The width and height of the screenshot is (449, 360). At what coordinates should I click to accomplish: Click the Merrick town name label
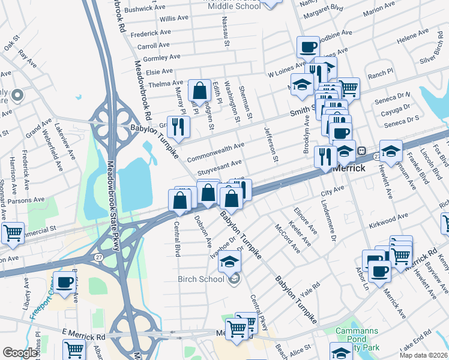tap(348, 168)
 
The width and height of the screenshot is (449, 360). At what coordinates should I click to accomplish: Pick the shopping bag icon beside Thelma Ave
tap(199, 91)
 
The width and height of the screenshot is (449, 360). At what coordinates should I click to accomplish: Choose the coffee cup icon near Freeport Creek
tap(65, 282)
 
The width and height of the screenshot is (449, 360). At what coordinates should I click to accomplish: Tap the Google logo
tap(20, 353)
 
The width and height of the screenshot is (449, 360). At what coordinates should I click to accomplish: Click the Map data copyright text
tap(424, 355)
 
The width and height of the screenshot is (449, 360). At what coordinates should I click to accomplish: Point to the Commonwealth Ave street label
tap(215, 151)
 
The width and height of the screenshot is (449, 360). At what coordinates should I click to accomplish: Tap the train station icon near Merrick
tap(362, 150)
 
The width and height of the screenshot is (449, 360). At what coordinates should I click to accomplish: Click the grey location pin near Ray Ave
tap(18, 95)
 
